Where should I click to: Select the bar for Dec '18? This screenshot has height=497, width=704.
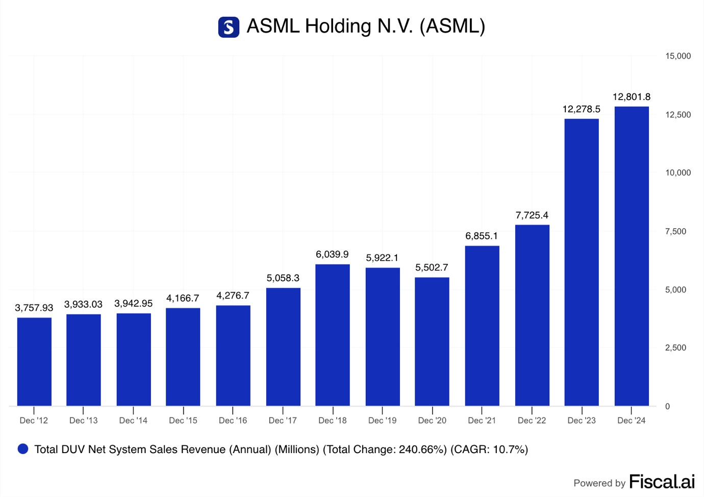(333, 335)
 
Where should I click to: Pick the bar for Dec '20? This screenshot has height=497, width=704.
(432, 341)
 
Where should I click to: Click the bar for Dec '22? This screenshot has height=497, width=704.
(532, 315)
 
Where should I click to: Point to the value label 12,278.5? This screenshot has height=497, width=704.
(581, 109)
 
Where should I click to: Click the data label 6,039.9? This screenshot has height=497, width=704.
(332, 254)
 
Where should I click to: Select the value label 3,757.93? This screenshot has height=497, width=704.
(34, 308)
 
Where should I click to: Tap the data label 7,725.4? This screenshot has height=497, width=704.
(532, 215)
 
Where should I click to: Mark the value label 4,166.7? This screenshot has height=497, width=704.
(183, 298)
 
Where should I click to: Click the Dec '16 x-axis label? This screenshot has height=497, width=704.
(233, 420)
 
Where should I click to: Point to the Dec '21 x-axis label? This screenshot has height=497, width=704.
(482, 420)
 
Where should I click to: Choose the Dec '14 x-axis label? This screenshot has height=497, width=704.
(133, 420)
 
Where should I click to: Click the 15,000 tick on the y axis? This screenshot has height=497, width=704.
(677, 56)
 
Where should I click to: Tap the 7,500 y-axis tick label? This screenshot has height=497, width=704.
(675, 231)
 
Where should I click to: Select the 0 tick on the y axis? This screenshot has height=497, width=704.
(667, 406)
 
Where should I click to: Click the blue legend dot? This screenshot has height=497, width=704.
(23, 449)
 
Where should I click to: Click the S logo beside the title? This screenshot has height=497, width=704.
(229, 27)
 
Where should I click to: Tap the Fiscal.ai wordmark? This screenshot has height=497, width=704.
(662, 482)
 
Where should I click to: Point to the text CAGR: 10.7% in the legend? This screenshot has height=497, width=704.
(489, 450)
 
